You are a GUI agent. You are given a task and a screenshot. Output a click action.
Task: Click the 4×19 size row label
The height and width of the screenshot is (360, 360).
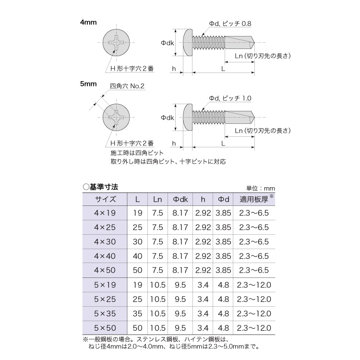tap(105, 213)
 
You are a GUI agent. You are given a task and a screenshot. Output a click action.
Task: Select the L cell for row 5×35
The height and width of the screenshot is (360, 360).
tap(138, 313)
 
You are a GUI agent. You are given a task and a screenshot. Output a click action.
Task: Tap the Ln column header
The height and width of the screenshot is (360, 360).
tap(157, 199)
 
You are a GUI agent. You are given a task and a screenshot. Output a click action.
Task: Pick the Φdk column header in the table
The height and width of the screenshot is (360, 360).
tap(180, 199)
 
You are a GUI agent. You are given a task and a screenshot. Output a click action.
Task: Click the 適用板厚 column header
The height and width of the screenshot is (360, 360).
tap(254, 199)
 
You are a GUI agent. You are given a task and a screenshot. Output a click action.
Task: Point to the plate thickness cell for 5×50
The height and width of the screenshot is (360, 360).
tap(254, 328)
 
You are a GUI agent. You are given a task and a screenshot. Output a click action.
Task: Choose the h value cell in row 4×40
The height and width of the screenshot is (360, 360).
tap(203, 256)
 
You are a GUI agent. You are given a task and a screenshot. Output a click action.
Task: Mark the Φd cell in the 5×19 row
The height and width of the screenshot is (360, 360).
tap(223, 285)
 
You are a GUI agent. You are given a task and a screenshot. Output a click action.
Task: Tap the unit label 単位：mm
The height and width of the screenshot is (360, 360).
tap(260, 189)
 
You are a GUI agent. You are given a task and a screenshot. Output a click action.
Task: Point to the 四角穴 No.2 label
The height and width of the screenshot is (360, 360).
tap(127, 86)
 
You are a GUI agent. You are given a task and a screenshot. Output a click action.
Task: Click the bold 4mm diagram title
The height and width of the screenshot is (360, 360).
tap(88, 23)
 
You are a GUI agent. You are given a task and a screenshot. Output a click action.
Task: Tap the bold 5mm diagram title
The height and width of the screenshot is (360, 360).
tap(88, 84)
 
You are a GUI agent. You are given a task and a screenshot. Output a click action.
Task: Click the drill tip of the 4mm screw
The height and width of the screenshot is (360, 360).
tap(254, 42)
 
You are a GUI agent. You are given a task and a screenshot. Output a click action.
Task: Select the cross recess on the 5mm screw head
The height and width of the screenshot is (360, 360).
tap(117, 117)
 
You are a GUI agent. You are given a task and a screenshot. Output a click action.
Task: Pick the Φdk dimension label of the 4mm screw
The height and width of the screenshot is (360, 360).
tap(167, 43)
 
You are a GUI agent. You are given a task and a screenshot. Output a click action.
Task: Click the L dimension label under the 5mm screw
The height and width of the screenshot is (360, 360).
tap(223, 143)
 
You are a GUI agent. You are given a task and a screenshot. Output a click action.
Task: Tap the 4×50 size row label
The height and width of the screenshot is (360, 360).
tap(105, 270)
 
